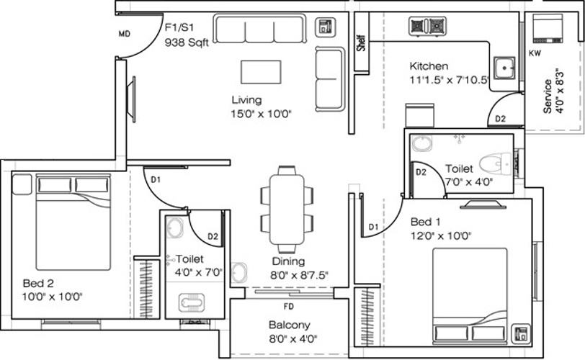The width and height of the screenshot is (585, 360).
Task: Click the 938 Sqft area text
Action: coord(187,42)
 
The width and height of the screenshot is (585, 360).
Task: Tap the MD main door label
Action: coord(125,33)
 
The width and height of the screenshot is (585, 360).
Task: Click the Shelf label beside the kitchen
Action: coord(360,44)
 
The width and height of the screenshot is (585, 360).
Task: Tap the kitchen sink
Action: coord(506,68)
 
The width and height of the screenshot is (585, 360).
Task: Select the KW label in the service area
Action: coord(535,53)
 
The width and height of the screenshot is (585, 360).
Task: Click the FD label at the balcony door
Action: coord(288,294)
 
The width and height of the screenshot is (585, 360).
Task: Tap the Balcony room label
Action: coord(289,325)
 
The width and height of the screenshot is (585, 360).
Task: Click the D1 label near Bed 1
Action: coord(373,228)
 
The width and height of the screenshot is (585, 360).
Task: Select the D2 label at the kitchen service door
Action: coord(500,118)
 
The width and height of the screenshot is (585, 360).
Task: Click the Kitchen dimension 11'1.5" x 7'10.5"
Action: coord(439,80)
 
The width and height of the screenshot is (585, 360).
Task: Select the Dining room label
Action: coord(288,261)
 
